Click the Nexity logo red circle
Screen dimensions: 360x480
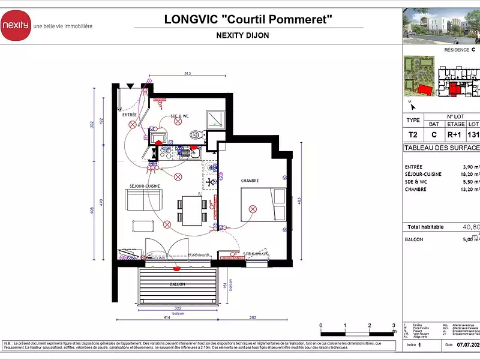15,25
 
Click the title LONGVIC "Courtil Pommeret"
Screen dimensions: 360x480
248,19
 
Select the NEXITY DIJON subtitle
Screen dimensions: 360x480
242,35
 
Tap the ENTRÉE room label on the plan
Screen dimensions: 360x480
130,114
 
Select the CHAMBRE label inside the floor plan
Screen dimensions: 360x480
250,180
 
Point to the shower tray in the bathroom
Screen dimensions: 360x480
214,118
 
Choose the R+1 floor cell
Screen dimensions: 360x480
454,136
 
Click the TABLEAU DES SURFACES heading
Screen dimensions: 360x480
442,148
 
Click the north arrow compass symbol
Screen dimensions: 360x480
412,106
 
